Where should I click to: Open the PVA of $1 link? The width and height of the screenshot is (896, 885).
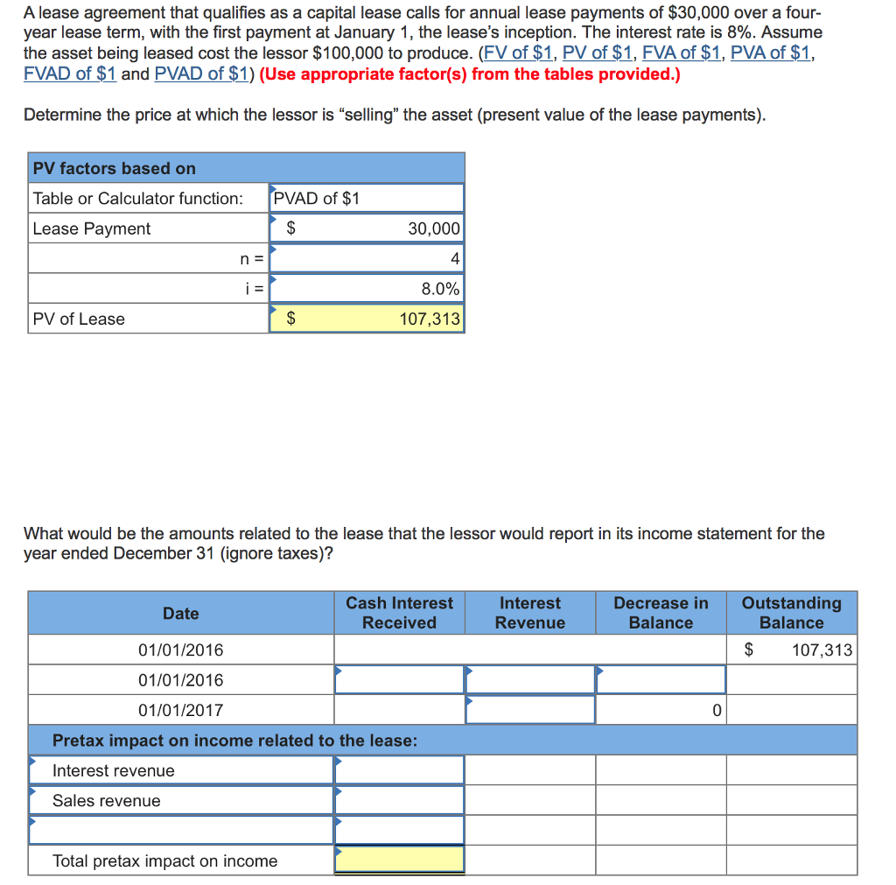[x=770, y=53]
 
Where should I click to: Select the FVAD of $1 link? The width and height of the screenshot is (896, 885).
[x=70, y=74]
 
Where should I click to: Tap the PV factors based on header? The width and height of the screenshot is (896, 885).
[x=114, y=168]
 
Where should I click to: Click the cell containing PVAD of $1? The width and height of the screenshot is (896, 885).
[x=366, y=198]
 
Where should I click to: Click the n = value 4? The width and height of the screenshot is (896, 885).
[x=366, y=258]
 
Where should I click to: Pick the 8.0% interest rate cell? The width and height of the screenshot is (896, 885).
[x=366, y=288]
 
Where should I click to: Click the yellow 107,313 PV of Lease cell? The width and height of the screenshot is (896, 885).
[x=366, y=319]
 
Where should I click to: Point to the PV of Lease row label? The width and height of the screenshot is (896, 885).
[x=79, y=319]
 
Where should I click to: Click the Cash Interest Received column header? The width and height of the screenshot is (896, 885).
[x=399, y=613]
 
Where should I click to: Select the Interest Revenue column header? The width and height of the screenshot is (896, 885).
[x=529, y=613]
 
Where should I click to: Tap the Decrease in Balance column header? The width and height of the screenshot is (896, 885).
[x=661, y=613]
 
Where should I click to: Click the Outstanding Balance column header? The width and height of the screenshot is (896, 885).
[x=791, y=613]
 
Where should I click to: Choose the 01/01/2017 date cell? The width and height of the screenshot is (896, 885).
[x=180, y=710]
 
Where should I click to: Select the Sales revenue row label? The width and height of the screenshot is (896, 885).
[x=107, y=801]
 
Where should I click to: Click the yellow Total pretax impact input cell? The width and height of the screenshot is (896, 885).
[x=399, y=860]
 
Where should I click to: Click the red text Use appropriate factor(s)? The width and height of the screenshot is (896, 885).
[x=470, y=74]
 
